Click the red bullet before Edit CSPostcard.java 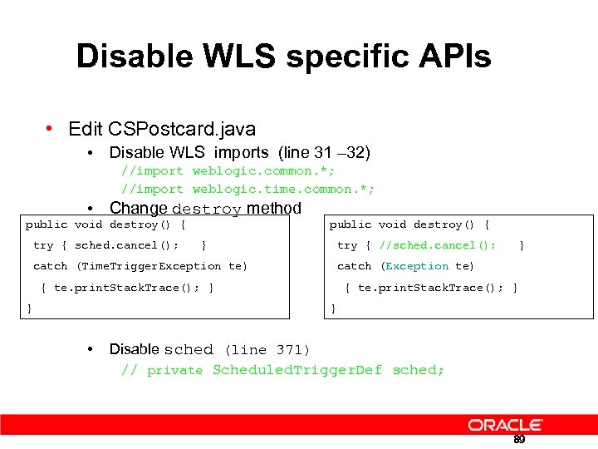pyautogui.click(x=51, y=129)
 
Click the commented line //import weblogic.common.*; pyautogui.click(x=225, y=171)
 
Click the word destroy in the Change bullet pyautogui.click(x=206, y=209)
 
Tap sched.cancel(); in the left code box pyautogui.click(x=126, y=245)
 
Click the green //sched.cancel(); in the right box pyautogui.click(x=438, y=245)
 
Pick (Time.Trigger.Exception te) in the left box pyautogui.click(x=162, y=266)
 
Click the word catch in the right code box pyautogui.click(x=354, y=266)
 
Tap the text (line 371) pyautogui.click(x=267, y=350)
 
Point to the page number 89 pyautogui.click(x=519, y=439)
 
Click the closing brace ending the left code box pyautogui.click(x=30, y=308)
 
